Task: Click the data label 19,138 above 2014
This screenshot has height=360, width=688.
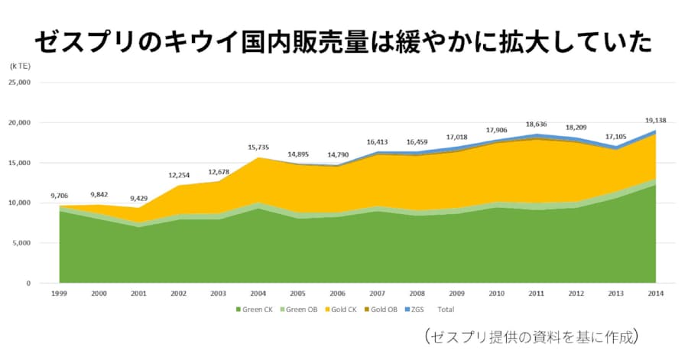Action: (x=655, y=120)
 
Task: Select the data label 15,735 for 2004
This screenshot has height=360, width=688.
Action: (x=258, y=148)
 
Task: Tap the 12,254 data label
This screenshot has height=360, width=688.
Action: (x=178, y=175)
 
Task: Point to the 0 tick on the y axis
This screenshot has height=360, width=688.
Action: (x=28, y=284)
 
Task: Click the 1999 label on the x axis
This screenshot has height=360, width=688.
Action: (x=59, y=294)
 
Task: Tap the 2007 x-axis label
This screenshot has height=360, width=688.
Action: (x=377, y=294)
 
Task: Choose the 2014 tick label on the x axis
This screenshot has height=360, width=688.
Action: (x=655, y=294)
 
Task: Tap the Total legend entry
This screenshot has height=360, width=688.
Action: (x=446, y=310)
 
